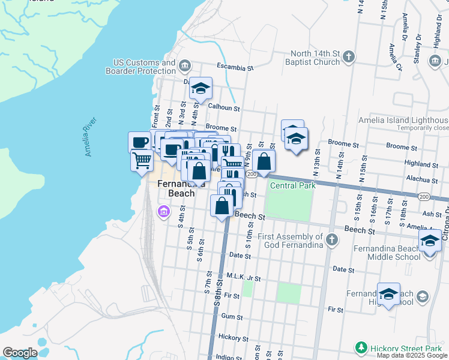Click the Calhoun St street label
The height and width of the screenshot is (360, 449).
click(x=223, y=108)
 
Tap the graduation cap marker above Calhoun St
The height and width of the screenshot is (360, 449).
click(x=201, y=89)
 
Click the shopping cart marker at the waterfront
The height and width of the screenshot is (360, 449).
click(x=142, y=161)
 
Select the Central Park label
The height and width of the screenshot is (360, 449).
click(x=292, y=185)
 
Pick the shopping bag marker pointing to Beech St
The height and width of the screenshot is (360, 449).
click(x=222, y=206)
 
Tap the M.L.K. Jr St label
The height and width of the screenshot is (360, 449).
click(x=244, y=278)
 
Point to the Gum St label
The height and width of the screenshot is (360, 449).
click(x=231, y=316)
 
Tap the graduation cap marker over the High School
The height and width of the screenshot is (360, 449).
click(x=389, y=294)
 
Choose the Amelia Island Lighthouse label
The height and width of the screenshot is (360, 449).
click(x=403, y=120)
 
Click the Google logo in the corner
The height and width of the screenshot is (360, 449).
click(x=20, y=352)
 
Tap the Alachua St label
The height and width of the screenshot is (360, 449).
click(x=421, y=179)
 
